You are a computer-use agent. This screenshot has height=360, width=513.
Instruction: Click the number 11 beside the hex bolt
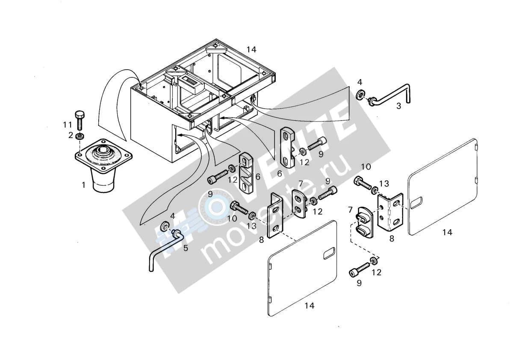point(68,125)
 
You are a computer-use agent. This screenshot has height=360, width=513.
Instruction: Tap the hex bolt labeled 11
point(80,121)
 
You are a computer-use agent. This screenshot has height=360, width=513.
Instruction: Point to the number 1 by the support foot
point(84,185)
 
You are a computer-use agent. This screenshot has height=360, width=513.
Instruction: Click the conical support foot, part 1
point(103,164)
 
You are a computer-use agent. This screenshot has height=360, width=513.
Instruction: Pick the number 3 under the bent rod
point(399,106)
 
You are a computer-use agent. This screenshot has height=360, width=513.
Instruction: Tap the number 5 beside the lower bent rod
point(186,248)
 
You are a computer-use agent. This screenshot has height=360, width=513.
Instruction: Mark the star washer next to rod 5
point(165,227)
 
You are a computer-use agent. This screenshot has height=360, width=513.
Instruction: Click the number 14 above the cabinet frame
point(251,50)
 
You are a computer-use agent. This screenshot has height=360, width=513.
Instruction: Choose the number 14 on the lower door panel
point(310,306)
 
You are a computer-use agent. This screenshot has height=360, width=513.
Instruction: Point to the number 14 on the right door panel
point(447,233)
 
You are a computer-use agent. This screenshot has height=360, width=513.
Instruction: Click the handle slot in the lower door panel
point(329,253)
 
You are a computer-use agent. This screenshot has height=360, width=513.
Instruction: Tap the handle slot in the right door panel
point(416,203)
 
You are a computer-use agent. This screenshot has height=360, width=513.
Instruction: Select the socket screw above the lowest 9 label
point(360,269)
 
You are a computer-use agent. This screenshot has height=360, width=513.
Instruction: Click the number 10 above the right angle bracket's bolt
point(366,167)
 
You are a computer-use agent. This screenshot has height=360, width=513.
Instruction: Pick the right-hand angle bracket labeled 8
point(390,212)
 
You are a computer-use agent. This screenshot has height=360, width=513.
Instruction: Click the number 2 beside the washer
point(71,135)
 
